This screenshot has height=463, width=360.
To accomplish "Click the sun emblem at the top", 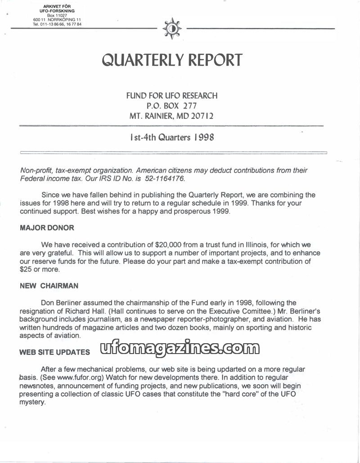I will pyautogui.click(x=172, y=28).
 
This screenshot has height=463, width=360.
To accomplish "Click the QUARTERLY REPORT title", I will pyautogui.click(x=172, y=60).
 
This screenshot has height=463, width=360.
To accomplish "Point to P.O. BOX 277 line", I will pyautogui.click(x=172, y=106).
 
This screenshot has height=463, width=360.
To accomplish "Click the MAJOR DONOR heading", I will pyautogui.click(x=47, y=228).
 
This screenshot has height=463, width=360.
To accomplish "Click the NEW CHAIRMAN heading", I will pyautogui.click(x=49, y=286).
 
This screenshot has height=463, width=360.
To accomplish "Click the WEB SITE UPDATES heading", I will pyautogui.click(x=54, y=353).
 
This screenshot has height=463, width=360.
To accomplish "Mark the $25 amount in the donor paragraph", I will pyautogui.click(x=26, y=269).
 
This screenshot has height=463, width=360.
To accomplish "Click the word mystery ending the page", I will pyautogui.click(x=32, y=402).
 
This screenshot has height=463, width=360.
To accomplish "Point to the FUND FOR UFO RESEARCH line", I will pyautogui.click(x=172, y=95).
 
